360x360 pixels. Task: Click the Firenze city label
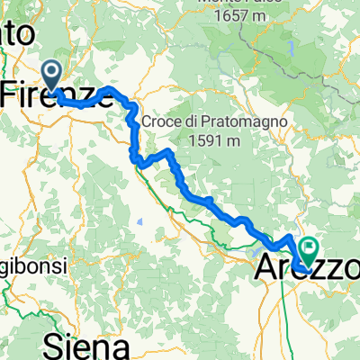(x=59, y=94)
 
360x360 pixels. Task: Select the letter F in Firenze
(x=13, y=94)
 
